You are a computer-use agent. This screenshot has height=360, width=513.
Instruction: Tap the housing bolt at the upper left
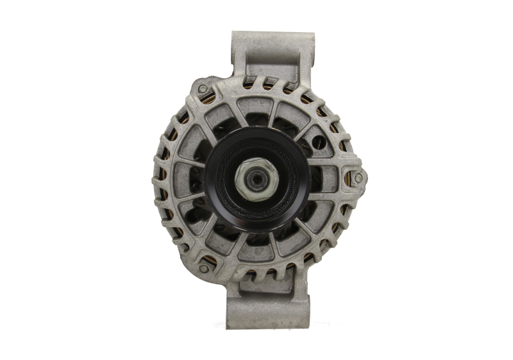(203, 89)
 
